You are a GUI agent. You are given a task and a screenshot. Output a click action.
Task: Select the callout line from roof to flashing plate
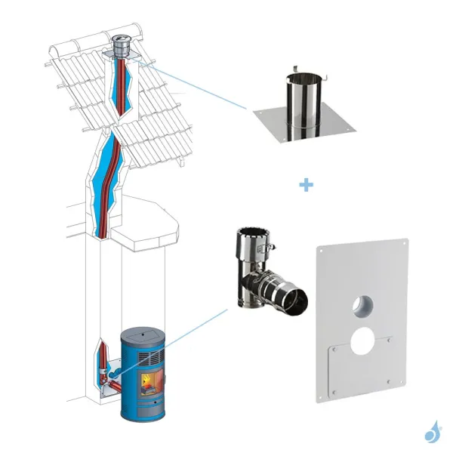pos(196,88)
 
